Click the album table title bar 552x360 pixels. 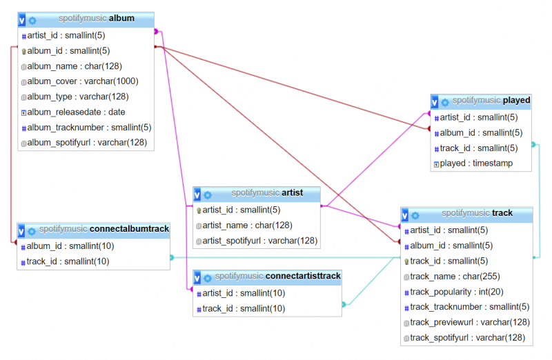[x=86, y=20]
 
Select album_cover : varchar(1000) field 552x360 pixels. [x=83, y=81]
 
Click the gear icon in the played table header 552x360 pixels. [x=445, y=102]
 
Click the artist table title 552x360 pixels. [x=267, y=193]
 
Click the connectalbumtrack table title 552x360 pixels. [x=104, y=229]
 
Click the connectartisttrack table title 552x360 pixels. [x=278, y=276]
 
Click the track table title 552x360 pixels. [x=477, y=213]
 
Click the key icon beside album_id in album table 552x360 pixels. [x=24, y=51]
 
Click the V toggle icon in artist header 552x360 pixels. [x=197, y=194]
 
